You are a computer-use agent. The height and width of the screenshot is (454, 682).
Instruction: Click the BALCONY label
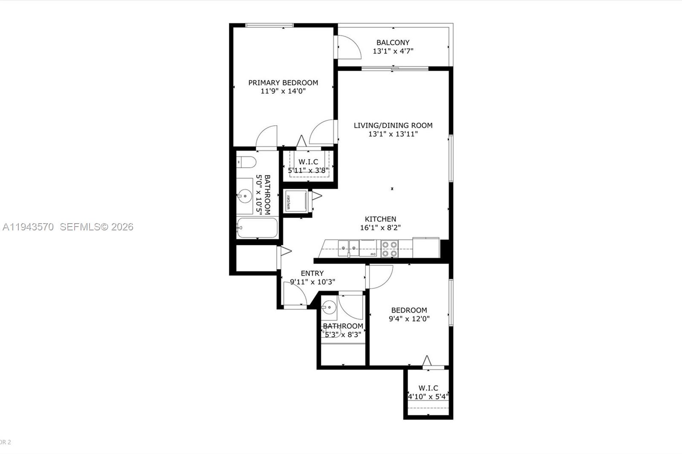coord(393,43)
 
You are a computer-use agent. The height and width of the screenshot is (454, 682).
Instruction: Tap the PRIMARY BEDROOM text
coord(283,83)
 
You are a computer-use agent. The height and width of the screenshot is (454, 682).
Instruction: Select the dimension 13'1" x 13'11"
coord(393,134)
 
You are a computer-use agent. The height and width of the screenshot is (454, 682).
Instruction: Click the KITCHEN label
coord(380,219)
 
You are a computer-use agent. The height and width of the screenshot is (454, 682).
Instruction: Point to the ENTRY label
coord(312,273)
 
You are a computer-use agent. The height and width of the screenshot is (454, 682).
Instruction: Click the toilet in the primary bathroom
coord(246,162)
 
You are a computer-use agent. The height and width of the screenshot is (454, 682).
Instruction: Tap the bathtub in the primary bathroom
coord(257,228)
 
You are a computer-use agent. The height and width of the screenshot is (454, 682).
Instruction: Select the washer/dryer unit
coord(295,201)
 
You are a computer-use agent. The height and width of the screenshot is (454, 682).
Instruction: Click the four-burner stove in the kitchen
coord(389,249)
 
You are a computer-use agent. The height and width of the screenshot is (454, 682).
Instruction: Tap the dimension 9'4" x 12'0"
coord(409,319)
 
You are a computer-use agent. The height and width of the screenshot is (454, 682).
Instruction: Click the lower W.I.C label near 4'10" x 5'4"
coord(428,388)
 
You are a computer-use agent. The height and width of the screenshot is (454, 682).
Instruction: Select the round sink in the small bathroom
coord(329,307)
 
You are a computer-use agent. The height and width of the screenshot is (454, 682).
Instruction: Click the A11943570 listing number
coord(28,227)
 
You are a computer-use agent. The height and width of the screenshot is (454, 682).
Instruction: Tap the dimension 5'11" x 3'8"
coord(308,171)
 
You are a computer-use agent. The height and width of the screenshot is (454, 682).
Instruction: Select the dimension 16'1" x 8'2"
coord(380,228)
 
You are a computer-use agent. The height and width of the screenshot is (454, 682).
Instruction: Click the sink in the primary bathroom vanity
coord(245,196)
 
